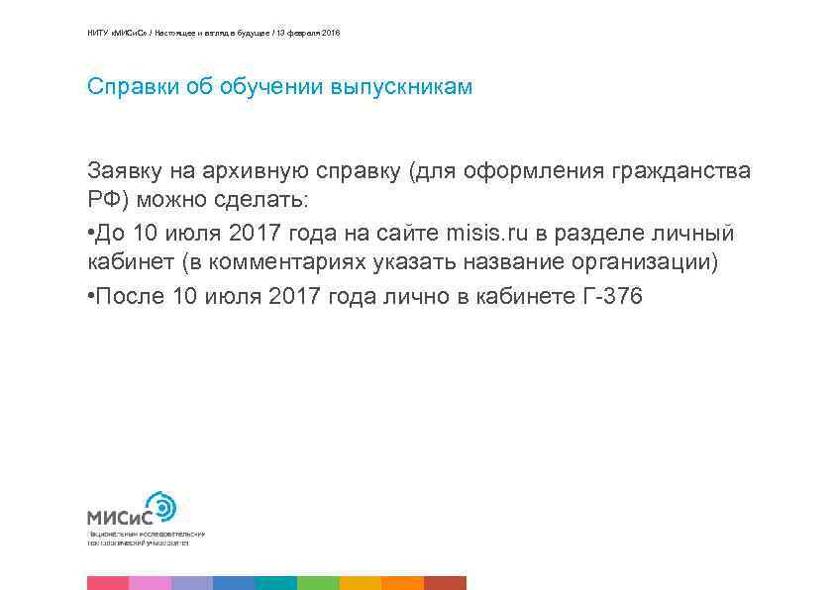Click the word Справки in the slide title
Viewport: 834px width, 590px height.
[125, 87]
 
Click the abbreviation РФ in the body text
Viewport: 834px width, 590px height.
[103, 201]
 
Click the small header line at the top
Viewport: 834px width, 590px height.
[213, 34]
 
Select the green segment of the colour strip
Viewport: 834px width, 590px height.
[318, 583]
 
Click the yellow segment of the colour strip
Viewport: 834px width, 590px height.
[361, 583]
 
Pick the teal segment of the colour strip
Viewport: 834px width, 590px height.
[276, 583]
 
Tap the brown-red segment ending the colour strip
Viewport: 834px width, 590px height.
[445, 583]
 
